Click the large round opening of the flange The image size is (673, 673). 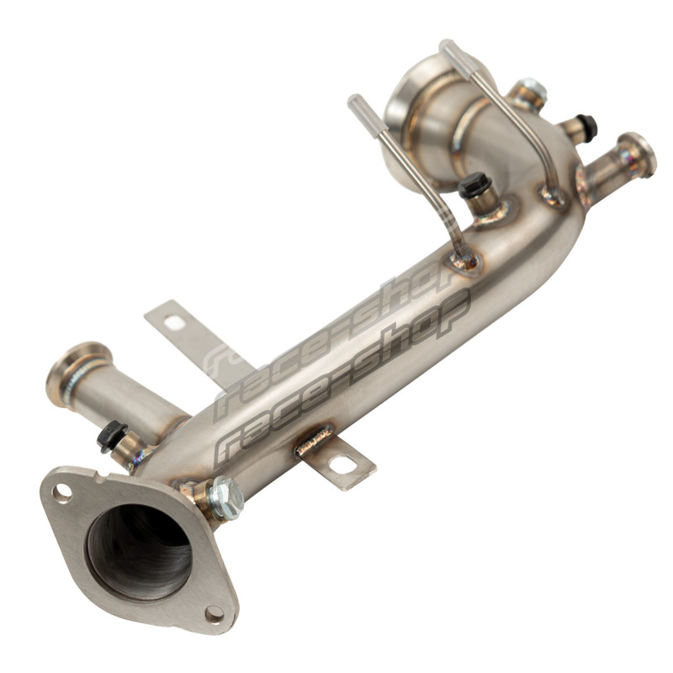coord(140,553)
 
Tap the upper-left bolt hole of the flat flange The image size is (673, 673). coord(62,493)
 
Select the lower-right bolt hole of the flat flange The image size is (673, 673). coord(215,614)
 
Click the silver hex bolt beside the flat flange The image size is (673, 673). coord(225,498)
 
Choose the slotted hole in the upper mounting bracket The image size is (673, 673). coord(173,322)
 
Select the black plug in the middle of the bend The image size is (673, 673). coord(474,185)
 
